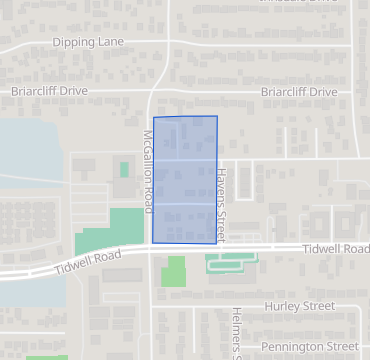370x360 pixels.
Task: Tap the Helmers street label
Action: (x=237, y=332)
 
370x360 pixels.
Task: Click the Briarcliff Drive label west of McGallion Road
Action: (x=49, y=91)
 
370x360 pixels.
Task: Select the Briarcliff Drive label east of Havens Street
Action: (x=298, y=91)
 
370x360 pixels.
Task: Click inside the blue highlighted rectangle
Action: (x=185, y=180)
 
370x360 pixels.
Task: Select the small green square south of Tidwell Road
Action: (x=175, y=271)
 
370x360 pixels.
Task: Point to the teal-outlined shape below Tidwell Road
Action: (x=231, y=262)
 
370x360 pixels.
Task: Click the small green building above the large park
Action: (x=124, y=170)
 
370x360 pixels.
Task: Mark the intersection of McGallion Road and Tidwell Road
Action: (x=150, y=250)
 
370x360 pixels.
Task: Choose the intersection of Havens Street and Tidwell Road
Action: (x=220, y=248)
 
